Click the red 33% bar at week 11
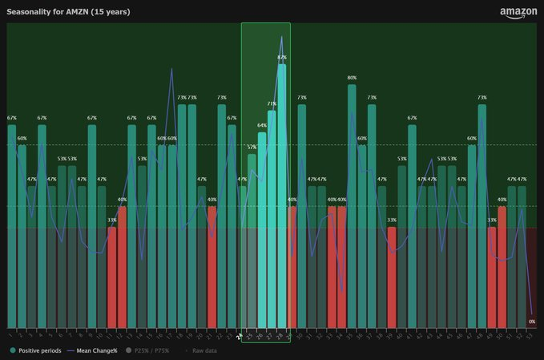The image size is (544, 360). pyautogui.click(x=112, y=277)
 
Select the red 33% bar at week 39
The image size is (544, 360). pyautogui.click(x=392, y=277)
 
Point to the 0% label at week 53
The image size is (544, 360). pyautogui.click(x=531, y=322)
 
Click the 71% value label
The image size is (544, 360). pyautogui.click(x=272, y=103)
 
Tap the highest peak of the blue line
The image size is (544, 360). pyautogui.click(x=281, y=37)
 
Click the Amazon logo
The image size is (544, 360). pyautogui.click(x=518, y=13)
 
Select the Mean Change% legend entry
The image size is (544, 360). pyautogui.click(x=92, y=350)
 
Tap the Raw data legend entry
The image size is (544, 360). pyautogui.click(x=203, y=350)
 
